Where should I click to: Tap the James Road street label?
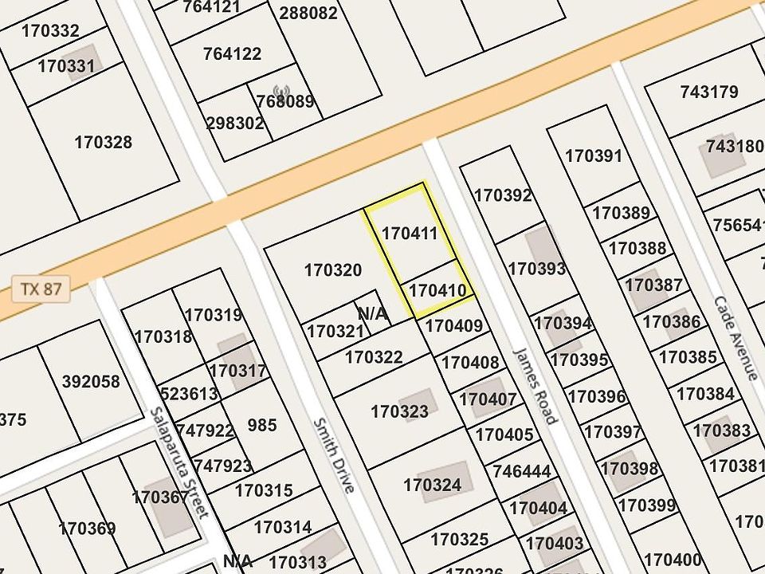pyautogui.click(x=535, y=385)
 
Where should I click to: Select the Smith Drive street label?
pyautogui.click(x=333, y=455)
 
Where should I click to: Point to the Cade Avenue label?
pyautogui.click(x=736, y=338)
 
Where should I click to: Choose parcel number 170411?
pyautogui.click(x=410, y=234)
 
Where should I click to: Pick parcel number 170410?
pyautogui.click(x=437, y=291)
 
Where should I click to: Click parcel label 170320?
pyautogui.click(x=333, y=271)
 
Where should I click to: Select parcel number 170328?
pyautogui.click(x=104, y=143)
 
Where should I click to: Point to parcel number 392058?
pyautogui.click(x=91, y=382)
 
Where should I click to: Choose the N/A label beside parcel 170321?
pyautogui.click(x=373, y=313)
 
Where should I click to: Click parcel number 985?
pyautogui.click(x=262, y=425)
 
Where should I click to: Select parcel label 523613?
pyautogui.click(x=189, y=394)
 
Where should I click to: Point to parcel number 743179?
pyautogui.click(x=709, y=92)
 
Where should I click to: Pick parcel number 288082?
pyautogui.click(x=308, y=14)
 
